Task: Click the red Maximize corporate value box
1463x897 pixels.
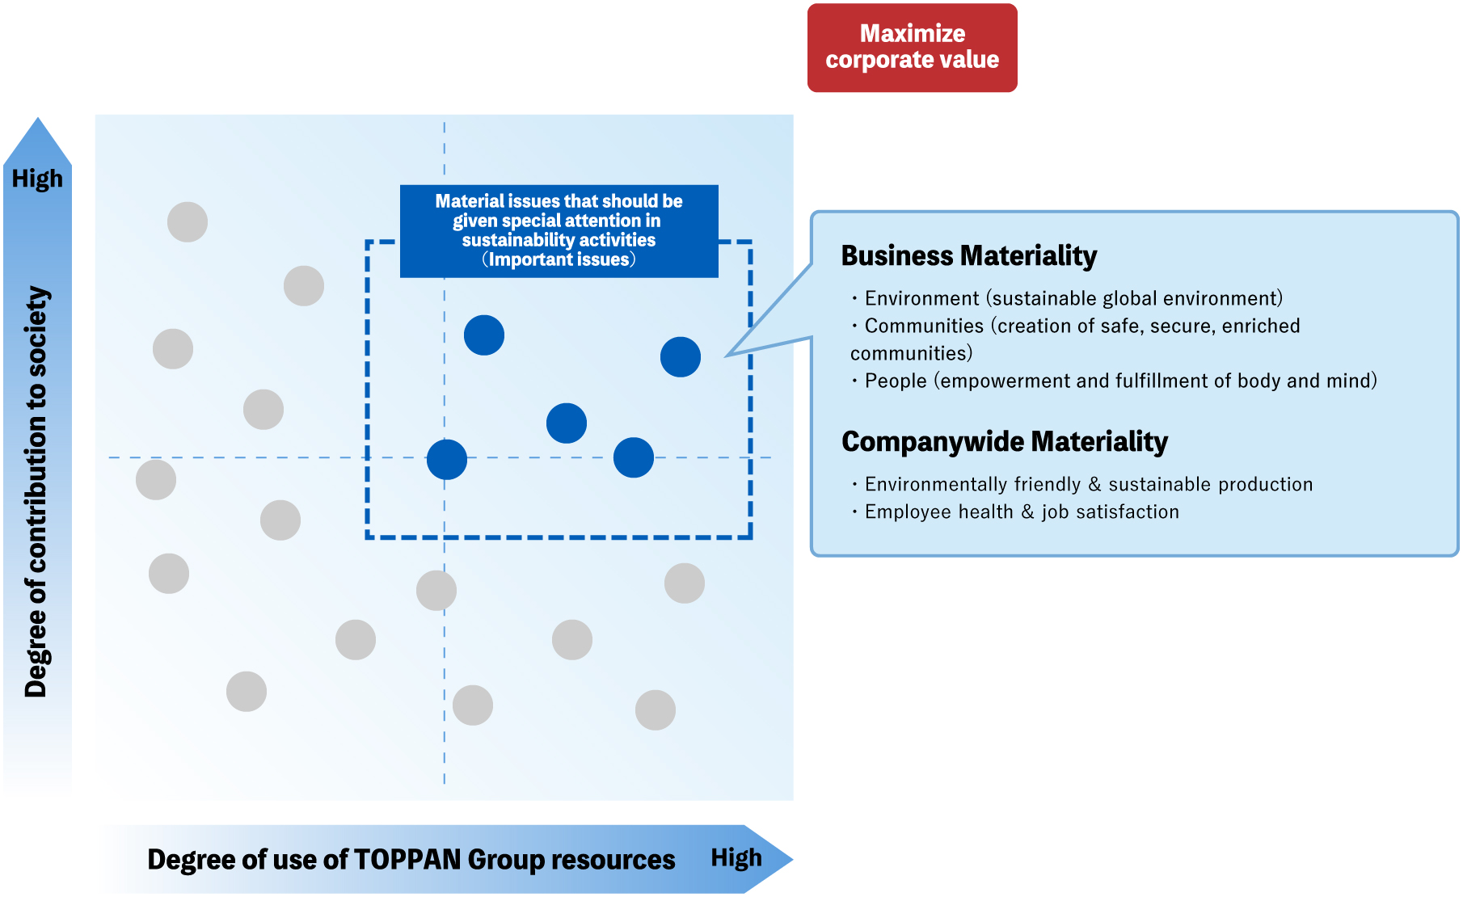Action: [912, 48]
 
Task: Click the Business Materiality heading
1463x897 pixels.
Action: [968, 255]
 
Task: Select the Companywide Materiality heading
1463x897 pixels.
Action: [1004, 441]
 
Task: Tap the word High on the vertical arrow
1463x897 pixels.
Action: [37, 179]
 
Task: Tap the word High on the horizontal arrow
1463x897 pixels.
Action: [736, 857]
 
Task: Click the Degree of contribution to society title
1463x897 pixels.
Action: [37, 491]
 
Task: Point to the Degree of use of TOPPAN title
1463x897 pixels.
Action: [411, 859]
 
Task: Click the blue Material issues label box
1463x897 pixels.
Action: [559, 230]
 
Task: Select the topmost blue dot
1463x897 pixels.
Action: [484, 335]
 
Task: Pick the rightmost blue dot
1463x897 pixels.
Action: [681, 357]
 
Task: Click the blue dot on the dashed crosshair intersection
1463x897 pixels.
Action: [447, 460]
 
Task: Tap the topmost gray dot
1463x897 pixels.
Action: [188, 222]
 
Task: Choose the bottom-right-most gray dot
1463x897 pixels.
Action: [656, 710]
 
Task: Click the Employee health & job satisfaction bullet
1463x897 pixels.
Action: [1021, 512]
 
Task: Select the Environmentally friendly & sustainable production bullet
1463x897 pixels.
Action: [1088, 485]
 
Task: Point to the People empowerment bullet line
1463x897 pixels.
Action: [1119, 381]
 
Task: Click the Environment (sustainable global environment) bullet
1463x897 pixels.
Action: [1073, 299]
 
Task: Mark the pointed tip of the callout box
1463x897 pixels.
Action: [727, 356]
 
